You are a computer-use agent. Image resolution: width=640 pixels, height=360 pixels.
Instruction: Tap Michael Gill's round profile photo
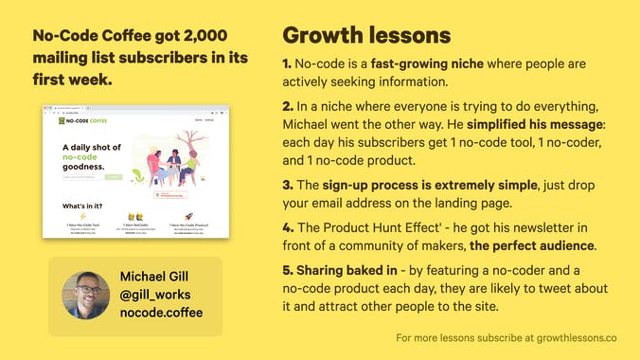point(86,296)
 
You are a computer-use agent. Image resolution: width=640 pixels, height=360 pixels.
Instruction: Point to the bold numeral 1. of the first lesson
point(287,64)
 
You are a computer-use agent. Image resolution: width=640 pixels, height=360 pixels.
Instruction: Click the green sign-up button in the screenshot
point(114,176)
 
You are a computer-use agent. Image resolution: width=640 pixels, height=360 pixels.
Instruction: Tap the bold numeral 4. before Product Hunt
point(288,228)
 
